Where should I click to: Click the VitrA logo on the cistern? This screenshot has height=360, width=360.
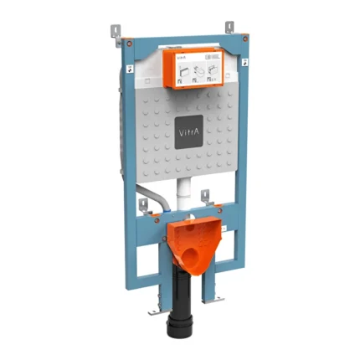point(184,133)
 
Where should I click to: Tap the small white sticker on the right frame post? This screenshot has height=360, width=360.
point(244,61)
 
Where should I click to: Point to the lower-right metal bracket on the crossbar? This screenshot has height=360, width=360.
point(204,197)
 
